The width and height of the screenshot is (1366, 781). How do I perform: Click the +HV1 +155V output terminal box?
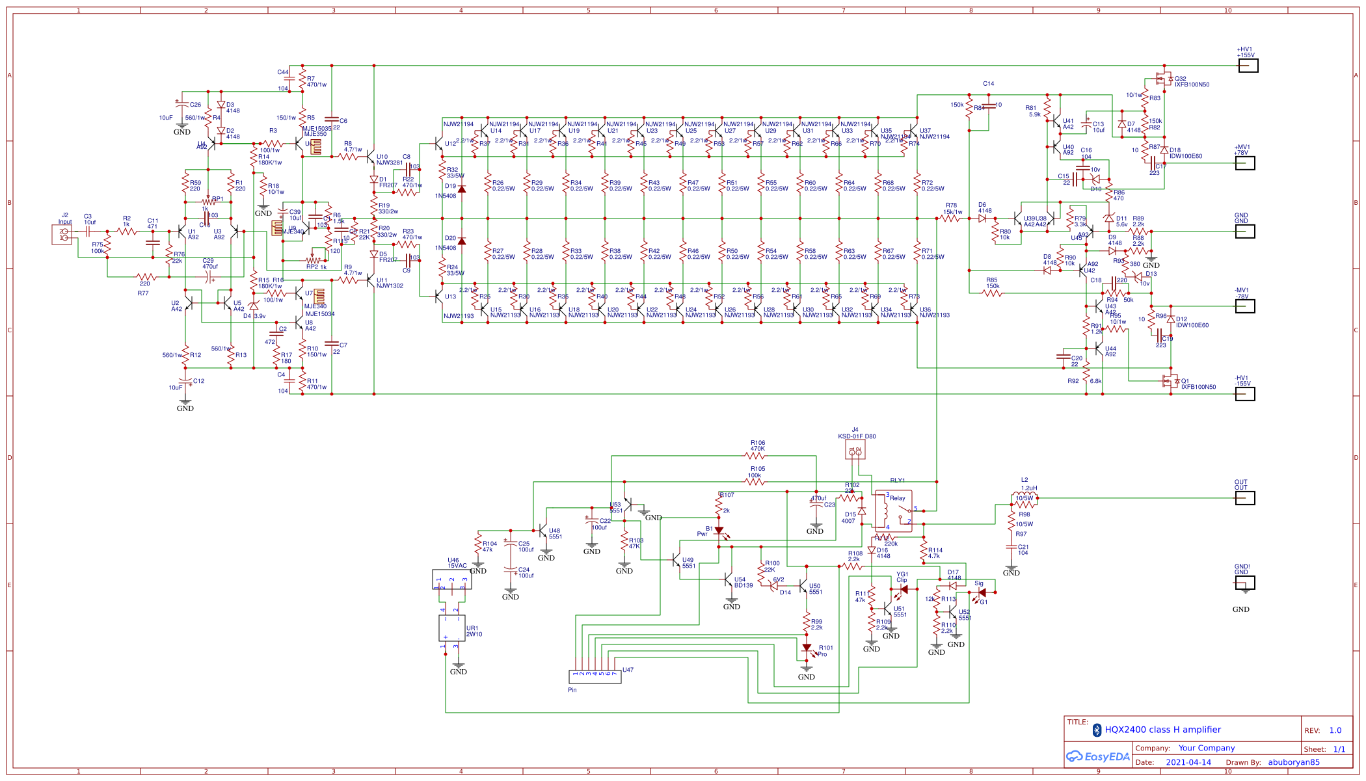[1248, 66]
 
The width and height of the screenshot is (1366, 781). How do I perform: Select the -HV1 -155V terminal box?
[1244, 394]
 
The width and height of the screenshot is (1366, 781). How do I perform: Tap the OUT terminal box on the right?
[1244, 498]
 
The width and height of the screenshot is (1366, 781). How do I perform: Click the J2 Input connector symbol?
[62, 234]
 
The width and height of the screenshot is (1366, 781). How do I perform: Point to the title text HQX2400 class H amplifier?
[1162, 730]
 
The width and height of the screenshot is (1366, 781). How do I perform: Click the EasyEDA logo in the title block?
[1098, 756]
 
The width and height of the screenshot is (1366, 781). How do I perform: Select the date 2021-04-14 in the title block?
[1188, 762]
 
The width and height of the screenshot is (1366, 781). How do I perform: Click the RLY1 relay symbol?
[893, 511]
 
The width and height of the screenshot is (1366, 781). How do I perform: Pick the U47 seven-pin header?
[595, 677]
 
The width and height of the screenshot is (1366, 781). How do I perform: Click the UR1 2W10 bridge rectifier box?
[451, 628]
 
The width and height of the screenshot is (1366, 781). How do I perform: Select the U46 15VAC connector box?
[451, 579]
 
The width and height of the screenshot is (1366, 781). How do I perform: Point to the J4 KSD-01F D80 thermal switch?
[855, 449]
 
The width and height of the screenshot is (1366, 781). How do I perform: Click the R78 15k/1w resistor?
[951, 218]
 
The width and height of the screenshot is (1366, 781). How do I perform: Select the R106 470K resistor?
[756, 456]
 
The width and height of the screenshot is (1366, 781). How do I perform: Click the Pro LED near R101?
[807, 648]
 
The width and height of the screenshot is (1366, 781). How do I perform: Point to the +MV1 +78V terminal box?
[1244, 163]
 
